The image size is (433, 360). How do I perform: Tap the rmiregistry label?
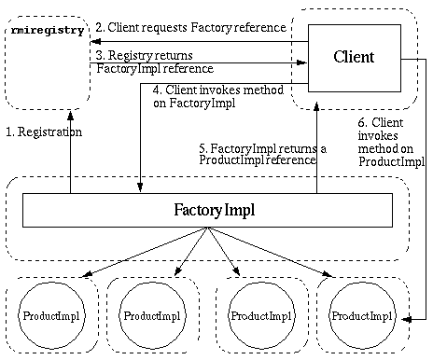48,31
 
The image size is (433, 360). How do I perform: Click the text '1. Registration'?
44,132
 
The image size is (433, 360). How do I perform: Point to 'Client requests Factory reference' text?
197,28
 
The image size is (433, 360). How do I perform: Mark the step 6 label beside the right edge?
391,142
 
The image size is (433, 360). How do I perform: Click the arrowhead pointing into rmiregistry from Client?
95,41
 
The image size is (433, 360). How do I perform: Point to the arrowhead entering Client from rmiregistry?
301,62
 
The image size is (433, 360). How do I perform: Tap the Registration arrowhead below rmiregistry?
71,116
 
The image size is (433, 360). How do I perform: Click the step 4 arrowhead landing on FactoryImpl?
140,187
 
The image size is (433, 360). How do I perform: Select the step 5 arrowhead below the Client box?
316,107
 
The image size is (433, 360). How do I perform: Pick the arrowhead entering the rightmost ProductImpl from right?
407,319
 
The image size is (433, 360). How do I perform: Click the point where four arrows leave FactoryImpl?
207,228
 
